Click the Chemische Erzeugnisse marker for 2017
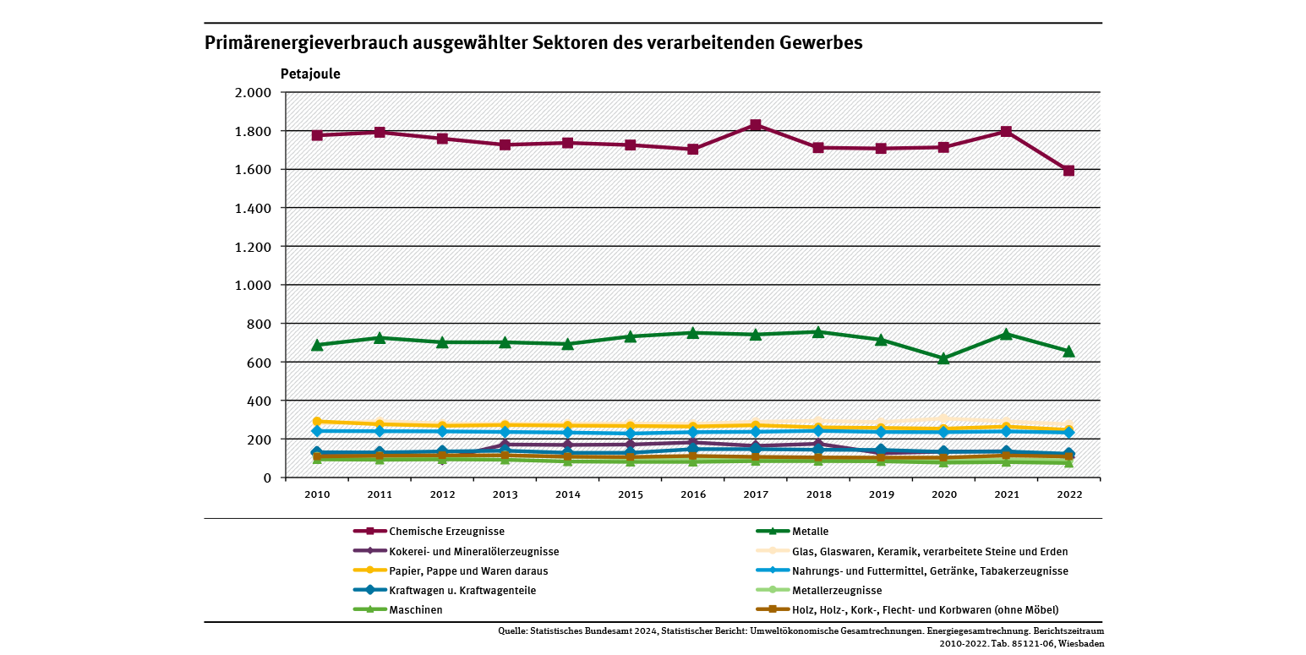[x=756, y=125]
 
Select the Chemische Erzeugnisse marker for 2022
[x=1068, y=171]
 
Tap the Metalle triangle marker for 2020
[x=943, y=358]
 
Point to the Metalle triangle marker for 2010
[x=317, y=345]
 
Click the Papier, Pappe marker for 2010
[x=317, y=421]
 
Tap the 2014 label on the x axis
[x=567, y=494]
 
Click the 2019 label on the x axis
[x=881, y=494]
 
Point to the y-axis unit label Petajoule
[x=310, y=74]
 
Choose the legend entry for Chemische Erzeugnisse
[x=446, y=532]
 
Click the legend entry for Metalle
[x=810, y=532]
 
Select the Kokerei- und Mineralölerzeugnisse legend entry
[x=473, y=551]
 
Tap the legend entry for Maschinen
[x=415, y=609]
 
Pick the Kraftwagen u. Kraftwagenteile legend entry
[x=462, y=590]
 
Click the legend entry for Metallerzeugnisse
[x=837, y=590]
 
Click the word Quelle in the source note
[x=511, y=631]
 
